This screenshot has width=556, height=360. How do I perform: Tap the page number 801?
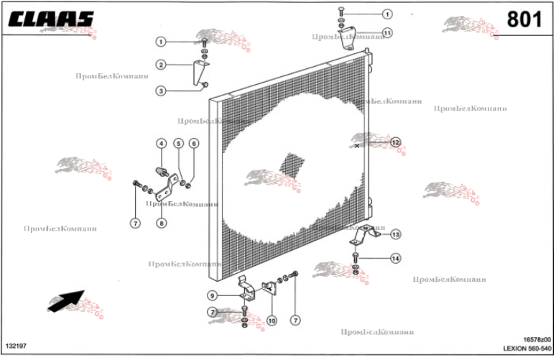(524, 19)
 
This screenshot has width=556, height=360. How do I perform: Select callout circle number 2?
(162, 65)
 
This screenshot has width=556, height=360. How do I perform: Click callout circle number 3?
(162, 91)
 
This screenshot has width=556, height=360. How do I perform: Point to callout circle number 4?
(162, 143)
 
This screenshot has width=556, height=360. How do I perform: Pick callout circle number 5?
(179, 143)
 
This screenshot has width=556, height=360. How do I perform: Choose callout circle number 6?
(193, 143)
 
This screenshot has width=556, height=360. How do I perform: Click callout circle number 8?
(162, 223)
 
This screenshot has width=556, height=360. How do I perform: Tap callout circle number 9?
(213, 295)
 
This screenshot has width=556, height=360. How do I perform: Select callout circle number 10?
(272, 320)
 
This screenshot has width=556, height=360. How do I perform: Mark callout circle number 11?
(387, 33)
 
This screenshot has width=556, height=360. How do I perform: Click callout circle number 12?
(395, 142)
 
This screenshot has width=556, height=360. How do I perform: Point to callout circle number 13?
(396, 234)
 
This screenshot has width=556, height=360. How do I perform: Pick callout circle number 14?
(396, 258)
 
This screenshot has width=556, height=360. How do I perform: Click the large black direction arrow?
(65, 300)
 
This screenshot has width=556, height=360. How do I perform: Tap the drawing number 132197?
(16, 346)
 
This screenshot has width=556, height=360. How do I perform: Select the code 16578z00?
(537, 338)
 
